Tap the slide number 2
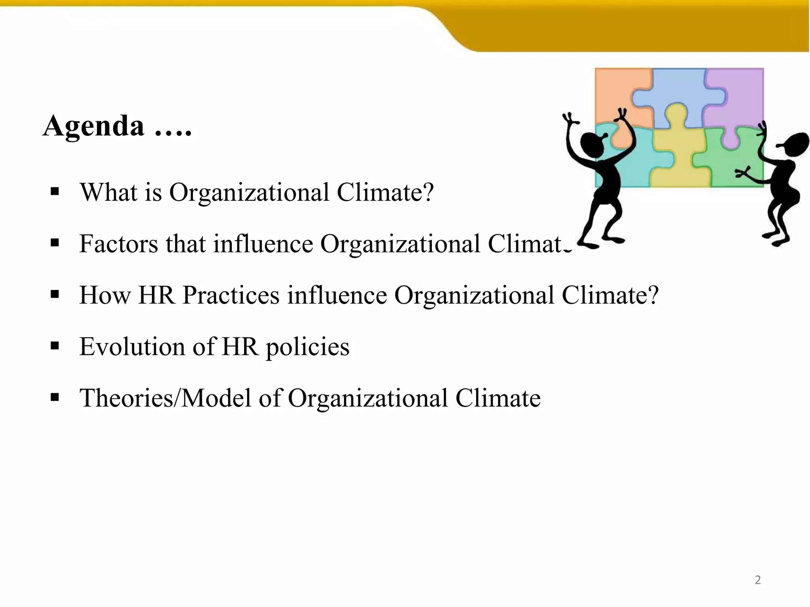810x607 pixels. tap(757, 580)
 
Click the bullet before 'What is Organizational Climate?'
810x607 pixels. tap(55, 192)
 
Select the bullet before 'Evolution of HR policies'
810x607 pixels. tap(55, 346)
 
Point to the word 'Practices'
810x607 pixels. tap(231, 295)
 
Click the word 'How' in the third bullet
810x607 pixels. tap(105, 295)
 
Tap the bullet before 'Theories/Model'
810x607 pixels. tap(55, 398)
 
